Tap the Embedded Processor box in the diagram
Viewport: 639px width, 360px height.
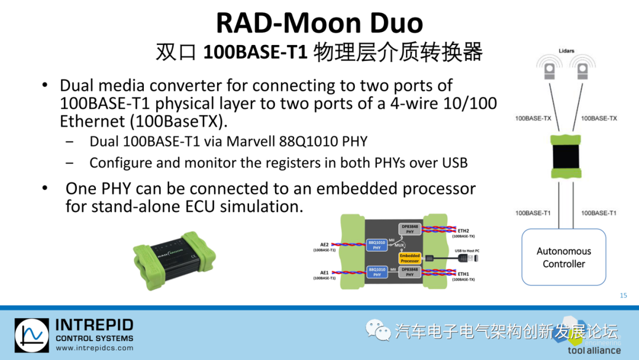(x=409, y=258)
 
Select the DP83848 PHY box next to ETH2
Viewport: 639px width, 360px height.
(x=409, y=229)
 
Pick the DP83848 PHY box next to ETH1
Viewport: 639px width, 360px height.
(x=409, y=272)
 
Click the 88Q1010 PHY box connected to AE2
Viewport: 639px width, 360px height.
(x=377, y=245)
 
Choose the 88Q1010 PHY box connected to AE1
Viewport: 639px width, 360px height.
(x=377, y=272)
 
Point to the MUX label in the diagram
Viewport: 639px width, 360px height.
(x=400, y=244)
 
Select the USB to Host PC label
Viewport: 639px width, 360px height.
(x=466, y=251)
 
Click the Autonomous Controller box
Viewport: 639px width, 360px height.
(x=563, y=258)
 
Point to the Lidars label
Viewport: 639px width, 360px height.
(x=566, y=52)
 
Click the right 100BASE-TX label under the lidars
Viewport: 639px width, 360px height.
(x=599, y=118)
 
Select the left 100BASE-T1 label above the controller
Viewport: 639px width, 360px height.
(x=533, y=213)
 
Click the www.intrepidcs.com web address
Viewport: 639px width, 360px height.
(x=95, y=348)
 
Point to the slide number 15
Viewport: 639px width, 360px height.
(x=623, y=295)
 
